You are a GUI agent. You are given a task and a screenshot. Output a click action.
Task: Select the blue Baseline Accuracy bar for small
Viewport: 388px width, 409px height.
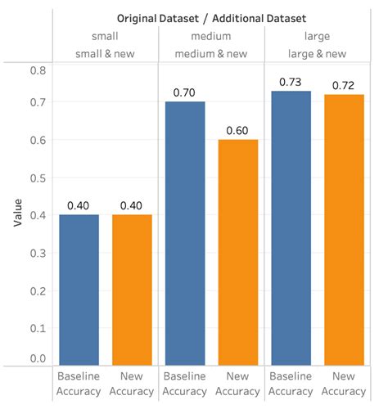79,290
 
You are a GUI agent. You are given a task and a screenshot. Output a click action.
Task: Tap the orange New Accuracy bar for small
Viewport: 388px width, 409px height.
132,290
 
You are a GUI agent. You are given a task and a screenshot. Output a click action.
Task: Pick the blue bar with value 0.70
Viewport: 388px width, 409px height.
186,233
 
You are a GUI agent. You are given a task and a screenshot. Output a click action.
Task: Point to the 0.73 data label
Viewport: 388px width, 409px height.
291,83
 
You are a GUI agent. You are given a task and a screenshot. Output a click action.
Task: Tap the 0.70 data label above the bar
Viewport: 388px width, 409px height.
186,93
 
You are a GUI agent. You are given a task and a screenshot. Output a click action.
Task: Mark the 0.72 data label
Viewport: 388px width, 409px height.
344,85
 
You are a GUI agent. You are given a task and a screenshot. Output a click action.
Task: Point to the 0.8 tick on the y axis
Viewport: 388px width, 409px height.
38,70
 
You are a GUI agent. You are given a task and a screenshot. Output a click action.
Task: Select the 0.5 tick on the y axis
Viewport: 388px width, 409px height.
38,178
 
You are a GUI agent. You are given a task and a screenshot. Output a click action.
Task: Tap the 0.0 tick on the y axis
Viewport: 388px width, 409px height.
38,358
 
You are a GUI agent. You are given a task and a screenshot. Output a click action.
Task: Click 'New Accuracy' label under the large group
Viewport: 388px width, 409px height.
344,384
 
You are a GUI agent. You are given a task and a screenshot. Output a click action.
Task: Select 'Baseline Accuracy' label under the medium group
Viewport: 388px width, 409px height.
186,384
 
